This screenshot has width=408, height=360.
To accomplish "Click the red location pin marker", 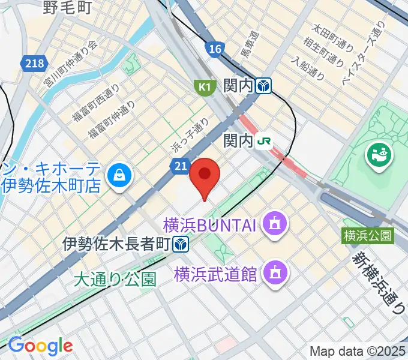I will [x=205, y=175].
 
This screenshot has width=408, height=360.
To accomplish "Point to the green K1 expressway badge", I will [x=205, y=88].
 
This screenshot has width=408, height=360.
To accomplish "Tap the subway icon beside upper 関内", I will [x=263, y=87].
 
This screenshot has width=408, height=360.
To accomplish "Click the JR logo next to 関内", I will [x=263, y=141].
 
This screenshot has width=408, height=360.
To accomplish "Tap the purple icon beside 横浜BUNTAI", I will [x=277, y=225].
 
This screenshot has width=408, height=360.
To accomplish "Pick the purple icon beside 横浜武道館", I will [x=276, y=274].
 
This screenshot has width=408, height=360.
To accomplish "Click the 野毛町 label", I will [x=67, y=7].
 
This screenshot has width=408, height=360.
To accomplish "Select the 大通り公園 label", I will [x=115, y=279].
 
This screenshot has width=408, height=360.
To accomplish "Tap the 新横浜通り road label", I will [x=379, y=282].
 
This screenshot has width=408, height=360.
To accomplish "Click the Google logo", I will [x=40, y=346].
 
